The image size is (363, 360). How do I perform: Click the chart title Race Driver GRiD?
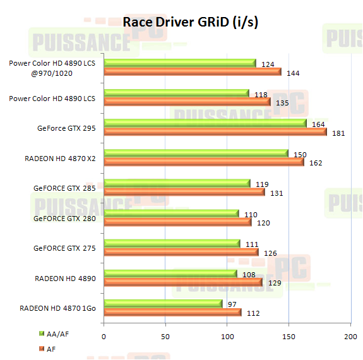[x=190, y=22]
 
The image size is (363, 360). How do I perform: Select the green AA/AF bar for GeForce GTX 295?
[x=205, y=123]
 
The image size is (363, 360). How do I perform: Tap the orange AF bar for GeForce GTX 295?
[x=215, y=132]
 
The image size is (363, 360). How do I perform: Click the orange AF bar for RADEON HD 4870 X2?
[x=203, y=162]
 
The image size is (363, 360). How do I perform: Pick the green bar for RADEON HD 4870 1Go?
[x=163, y=304]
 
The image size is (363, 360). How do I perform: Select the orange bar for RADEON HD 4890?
[x=182, y=282]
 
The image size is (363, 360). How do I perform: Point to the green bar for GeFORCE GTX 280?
[x=171, y=213]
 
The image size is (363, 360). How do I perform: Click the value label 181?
[x=339, y=133]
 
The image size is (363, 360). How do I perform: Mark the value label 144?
[x=292, y=73]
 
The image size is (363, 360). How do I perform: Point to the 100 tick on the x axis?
[x=227, y=337]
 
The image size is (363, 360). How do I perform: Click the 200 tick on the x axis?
[x=350, y=337]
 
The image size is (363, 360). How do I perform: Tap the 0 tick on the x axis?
[x=104, y=337]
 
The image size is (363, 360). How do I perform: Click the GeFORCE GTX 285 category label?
[x=65, y=188]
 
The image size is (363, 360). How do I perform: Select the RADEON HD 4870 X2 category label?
[x=61, y=158]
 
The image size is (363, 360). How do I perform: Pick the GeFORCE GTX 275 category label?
[x=65, y=248]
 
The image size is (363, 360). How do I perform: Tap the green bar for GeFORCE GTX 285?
[x=177, y=183]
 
